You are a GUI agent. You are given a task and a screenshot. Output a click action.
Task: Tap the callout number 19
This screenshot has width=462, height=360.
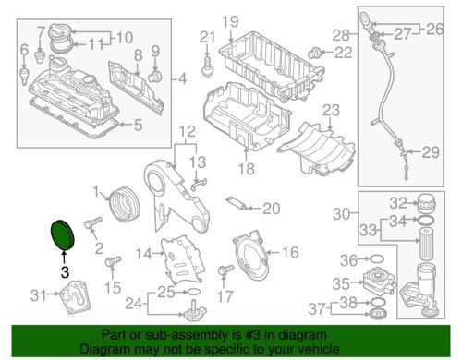(x=229, y=21)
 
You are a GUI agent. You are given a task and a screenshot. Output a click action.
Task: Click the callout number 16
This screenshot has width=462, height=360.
(x=289, y=251)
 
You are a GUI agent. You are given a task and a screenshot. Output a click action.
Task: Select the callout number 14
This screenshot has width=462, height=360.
(x=143, y=253)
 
